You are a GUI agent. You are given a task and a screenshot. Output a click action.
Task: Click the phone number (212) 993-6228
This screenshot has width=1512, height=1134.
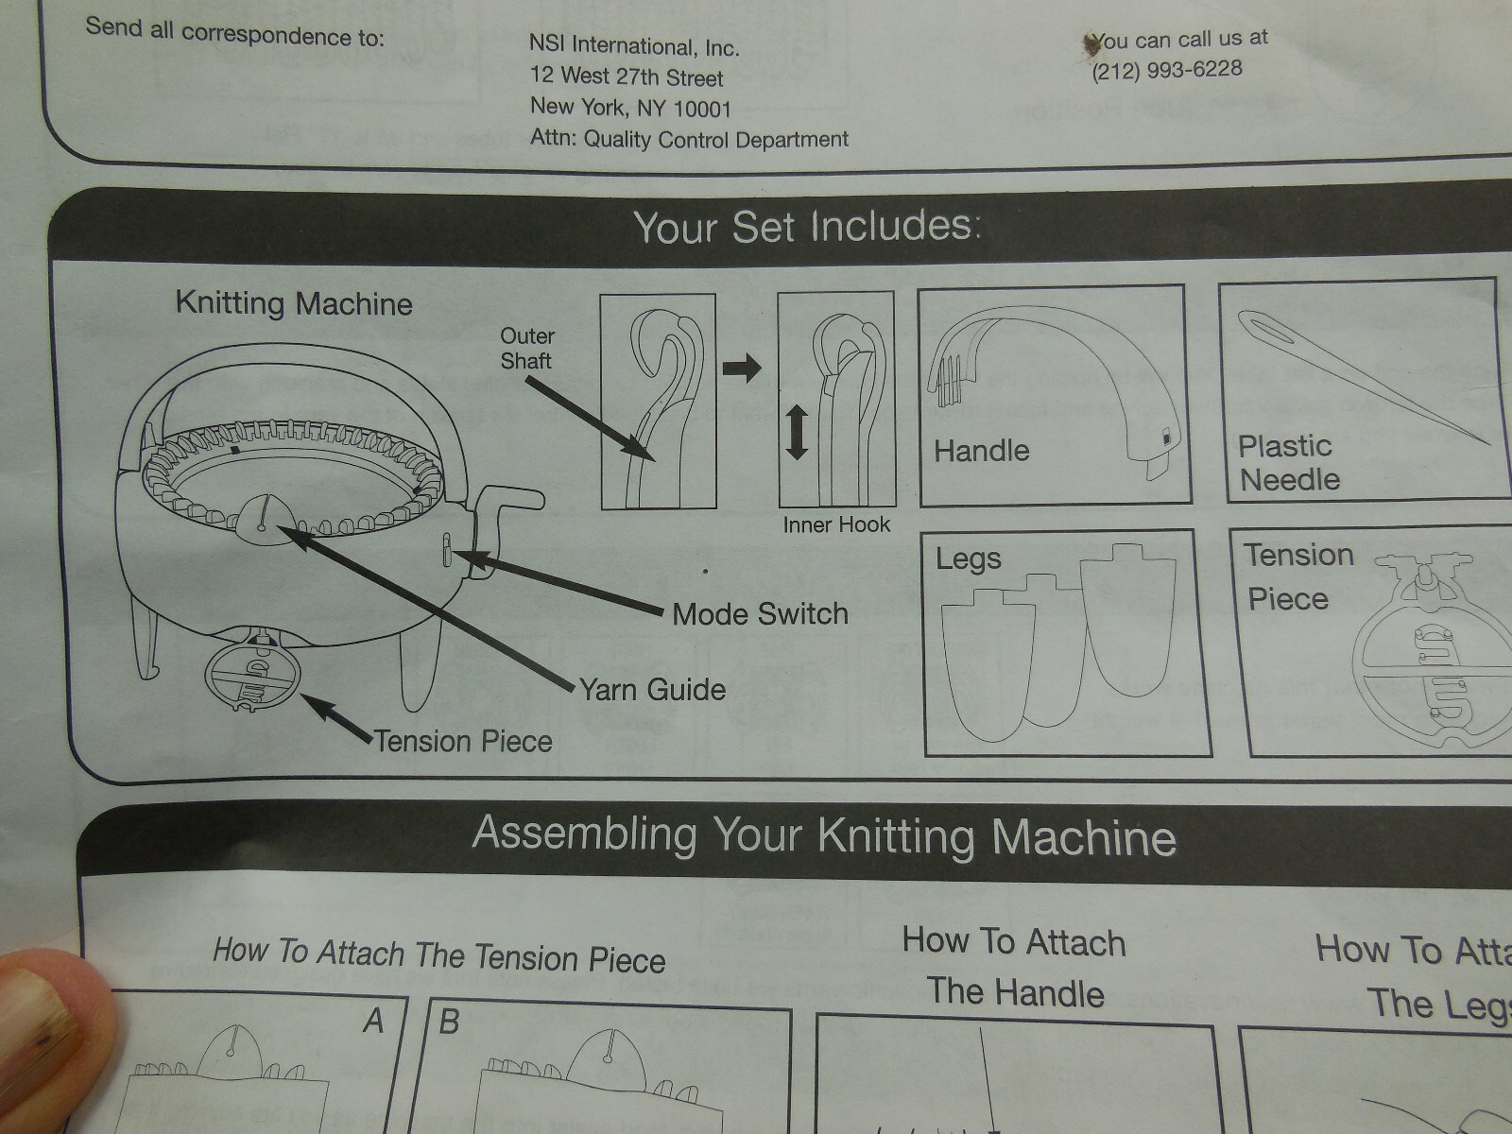1167,70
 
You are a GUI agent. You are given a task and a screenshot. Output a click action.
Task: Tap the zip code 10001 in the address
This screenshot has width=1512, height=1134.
702,109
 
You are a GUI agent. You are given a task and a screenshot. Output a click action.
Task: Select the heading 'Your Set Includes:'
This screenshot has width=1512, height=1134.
807,227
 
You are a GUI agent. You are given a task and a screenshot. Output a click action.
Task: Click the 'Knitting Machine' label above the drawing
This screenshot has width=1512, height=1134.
294,303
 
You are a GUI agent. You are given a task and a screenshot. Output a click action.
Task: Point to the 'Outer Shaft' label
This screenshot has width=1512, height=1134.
527,349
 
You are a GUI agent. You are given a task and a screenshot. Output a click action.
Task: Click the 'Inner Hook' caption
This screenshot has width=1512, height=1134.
836,524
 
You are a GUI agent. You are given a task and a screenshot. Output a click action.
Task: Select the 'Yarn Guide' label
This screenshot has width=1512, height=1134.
652,689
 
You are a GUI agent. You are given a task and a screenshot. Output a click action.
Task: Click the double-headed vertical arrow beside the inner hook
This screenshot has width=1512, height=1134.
797,432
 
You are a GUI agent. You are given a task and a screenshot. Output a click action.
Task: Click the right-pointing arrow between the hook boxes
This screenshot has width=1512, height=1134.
742,368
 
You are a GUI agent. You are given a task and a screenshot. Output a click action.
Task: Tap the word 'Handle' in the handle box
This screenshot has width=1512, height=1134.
982,451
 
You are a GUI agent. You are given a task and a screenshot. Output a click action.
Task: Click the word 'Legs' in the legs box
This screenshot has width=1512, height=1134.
969,559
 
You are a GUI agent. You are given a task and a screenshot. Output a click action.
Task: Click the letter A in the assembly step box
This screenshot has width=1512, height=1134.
374,1021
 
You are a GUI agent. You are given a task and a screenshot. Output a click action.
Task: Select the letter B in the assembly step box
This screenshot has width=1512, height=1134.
449,1022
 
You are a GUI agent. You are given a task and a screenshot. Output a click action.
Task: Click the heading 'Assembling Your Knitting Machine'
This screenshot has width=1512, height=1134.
824,836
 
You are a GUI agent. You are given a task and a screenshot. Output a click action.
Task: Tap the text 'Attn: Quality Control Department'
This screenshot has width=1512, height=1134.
689,139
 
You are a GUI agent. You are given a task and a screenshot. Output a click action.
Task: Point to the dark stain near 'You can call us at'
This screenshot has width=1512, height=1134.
1091,43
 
